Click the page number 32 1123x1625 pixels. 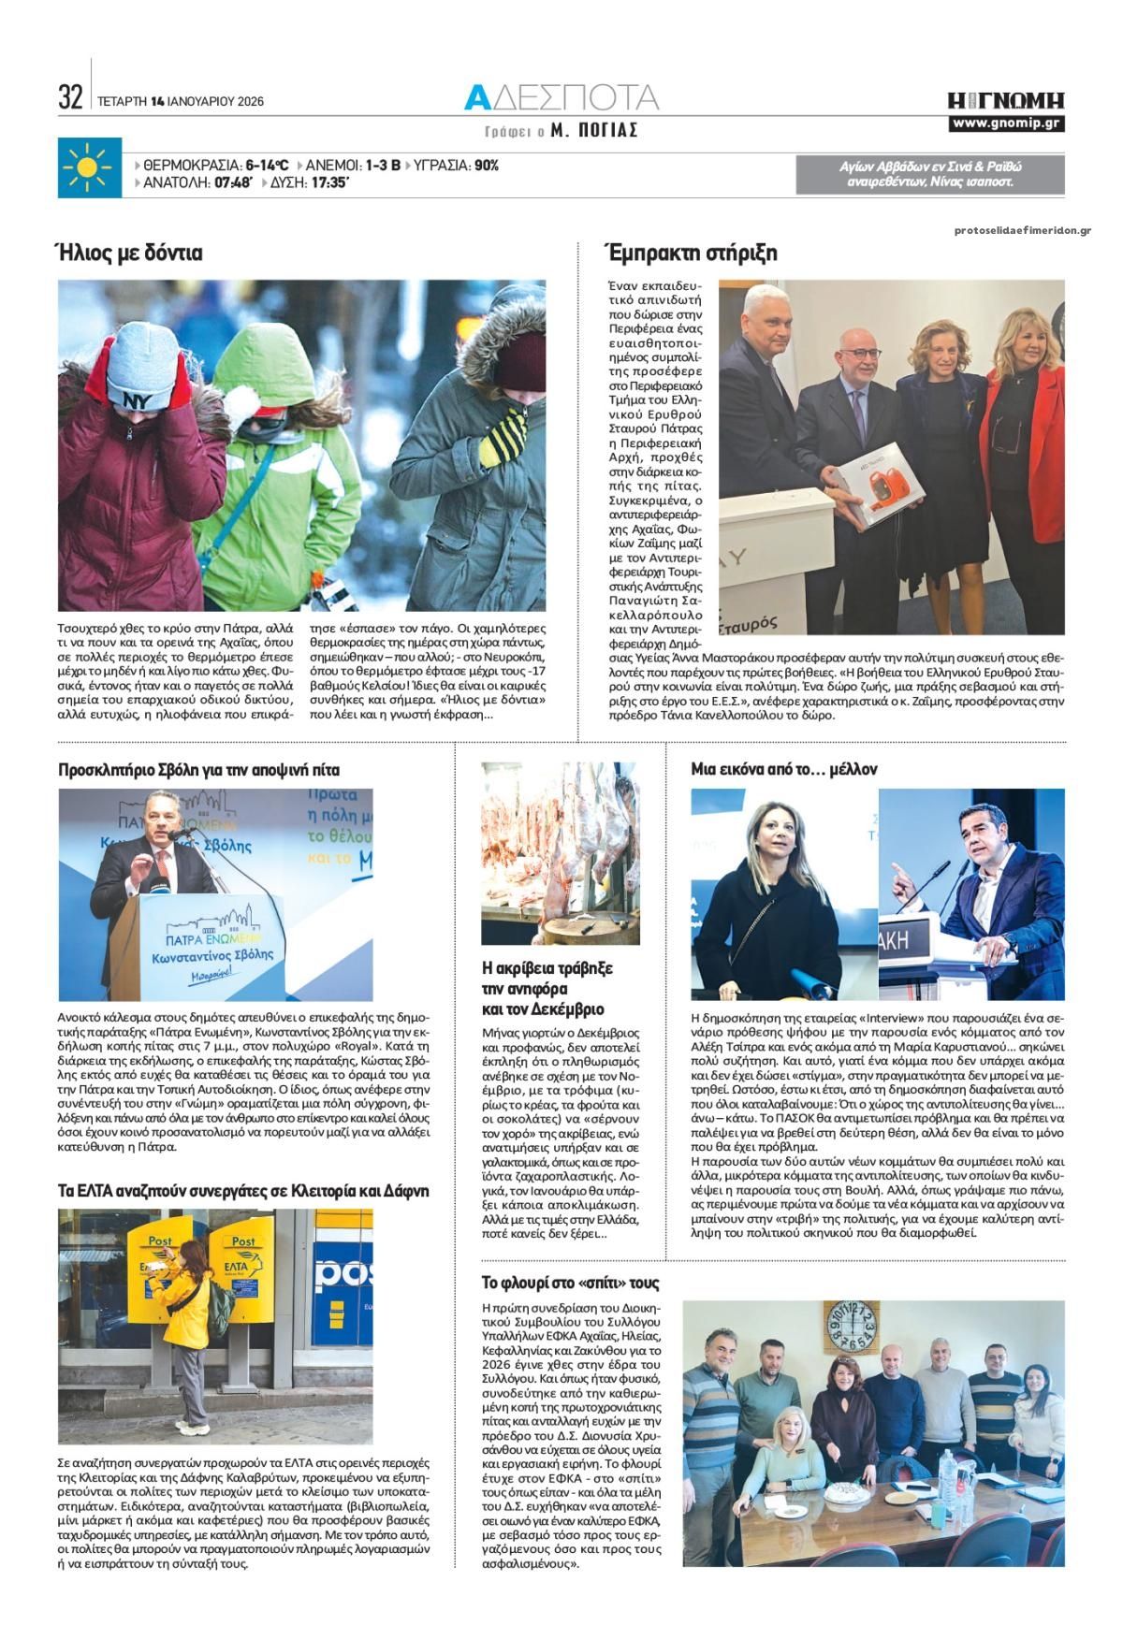71,97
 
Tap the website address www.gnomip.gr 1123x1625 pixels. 1006,124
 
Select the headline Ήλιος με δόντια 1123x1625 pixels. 129,253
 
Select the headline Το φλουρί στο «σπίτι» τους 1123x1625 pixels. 570,1282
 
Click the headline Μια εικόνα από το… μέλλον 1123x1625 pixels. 783,769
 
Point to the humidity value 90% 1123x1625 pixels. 487,166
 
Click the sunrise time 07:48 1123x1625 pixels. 233,183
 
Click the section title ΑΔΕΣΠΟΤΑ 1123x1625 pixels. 562,97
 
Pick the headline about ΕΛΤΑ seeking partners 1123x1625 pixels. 243,1191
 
